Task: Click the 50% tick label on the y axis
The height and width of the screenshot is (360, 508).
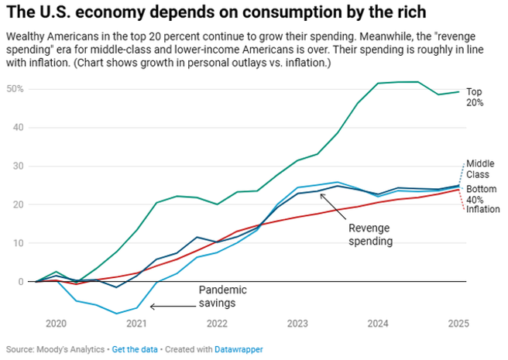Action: point(15,89)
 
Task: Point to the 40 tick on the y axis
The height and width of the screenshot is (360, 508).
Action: point(16,128)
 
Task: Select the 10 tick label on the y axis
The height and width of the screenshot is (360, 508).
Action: point(16,243)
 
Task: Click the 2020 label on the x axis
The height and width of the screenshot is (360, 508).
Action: point(56,323)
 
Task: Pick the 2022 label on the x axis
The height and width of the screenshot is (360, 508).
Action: point(217,323)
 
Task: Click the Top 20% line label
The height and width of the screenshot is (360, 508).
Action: point(475,97)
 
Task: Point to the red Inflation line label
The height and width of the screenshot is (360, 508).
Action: point(484,210)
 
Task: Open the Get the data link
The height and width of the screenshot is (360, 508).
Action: point(134,349)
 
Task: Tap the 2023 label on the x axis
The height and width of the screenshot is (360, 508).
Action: point(297,323)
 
